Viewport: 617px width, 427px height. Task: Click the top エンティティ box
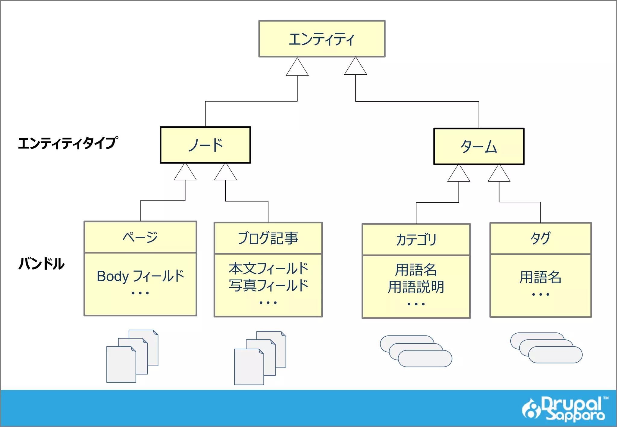click(322, 39)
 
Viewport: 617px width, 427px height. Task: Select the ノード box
click(205, 145)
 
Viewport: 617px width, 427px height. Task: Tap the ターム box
click(479, 147)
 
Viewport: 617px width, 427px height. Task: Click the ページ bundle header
click(140, 237)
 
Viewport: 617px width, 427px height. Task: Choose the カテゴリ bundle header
click(416, 240)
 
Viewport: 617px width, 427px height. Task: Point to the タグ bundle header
click(540, 238)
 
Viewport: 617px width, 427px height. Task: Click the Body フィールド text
click(140, 276)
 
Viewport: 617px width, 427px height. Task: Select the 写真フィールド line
click(268, 285)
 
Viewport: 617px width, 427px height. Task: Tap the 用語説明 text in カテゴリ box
click(416, 287)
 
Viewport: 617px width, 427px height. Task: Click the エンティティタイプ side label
click(68, 143)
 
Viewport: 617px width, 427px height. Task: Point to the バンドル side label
click(42, 264)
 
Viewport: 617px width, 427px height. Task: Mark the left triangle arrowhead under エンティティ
click(297, 68)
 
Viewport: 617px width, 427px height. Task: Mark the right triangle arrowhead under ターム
click(499, 174)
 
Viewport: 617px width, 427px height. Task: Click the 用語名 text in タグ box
click(540, 277)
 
